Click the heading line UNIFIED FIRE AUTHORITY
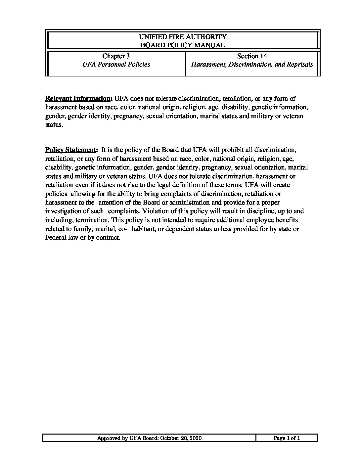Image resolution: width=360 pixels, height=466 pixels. coord(183,37)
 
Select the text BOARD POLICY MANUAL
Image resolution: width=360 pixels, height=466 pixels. coord(183,45)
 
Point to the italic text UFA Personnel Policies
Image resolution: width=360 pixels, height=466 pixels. coord(116,65)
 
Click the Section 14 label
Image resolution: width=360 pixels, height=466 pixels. coord(252,56)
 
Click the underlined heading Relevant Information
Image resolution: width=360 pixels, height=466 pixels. coord(78,99)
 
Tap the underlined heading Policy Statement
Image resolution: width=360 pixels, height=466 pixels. coord(71,150)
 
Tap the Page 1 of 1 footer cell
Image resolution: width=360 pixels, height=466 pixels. coord(287,438)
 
